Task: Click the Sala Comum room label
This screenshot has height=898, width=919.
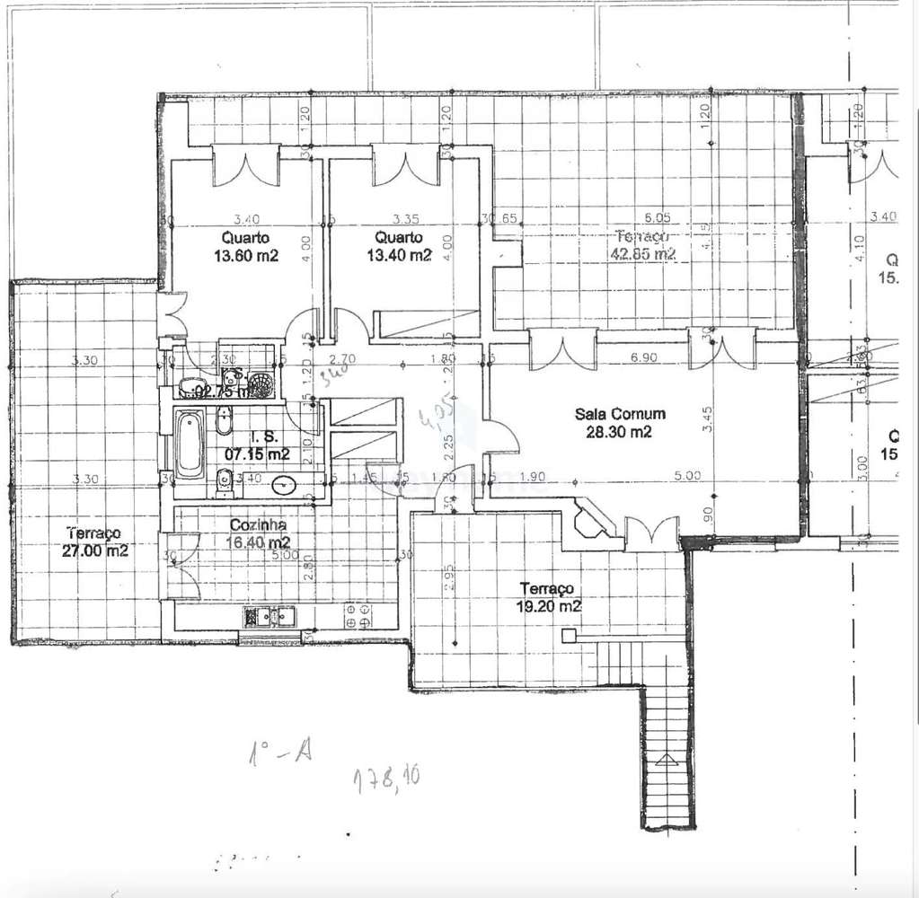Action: click(620, 414)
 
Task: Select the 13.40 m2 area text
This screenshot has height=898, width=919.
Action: click(401, 255)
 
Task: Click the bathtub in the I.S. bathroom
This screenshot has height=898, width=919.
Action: click(189, 445)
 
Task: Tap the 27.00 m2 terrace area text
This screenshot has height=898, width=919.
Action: click(94, 550)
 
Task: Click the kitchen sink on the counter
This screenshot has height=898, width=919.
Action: click(270, 617)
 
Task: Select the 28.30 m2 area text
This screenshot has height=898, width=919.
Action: click(620, 432)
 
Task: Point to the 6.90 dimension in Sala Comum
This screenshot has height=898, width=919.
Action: click(644, 357)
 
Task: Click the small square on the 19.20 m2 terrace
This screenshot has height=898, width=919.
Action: click(569, 636)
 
